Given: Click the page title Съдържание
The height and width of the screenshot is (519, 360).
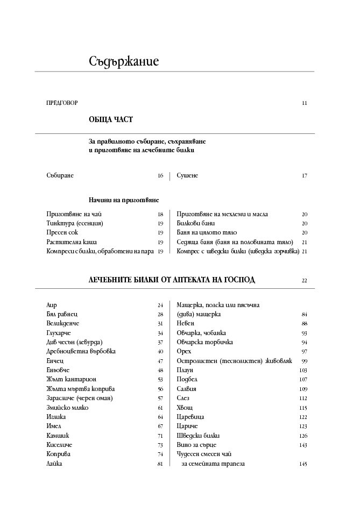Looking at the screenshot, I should pos(124,61).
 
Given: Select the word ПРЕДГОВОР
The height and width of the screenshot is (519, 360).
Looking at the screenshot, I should pos(62,103).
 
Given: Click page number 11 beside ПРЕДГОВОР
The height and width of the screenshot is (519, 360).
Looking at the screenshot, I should pos(305,103).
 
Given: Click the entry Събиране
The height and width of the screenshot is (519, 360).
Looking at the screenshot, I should pos(60,176).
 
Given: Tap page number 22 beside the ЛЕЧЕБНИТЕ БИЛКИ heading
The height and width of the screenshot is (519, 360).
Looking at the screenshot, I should pos(304,280).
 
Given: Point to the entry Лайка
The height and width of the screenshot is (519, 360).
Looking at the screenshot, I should pos(54,464).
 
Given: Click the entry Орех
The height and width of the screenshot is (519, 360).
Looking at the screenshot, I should pos(184,351).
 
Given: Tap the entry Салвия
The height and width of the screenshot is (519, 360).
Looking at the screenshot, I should pos(187,389).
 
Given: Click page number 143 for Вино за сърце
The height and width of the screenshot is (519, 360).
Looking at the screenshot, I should pos(303,445).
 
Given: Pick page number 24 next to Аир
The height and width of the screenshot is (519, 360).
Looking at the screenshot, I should pos(160,305).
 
